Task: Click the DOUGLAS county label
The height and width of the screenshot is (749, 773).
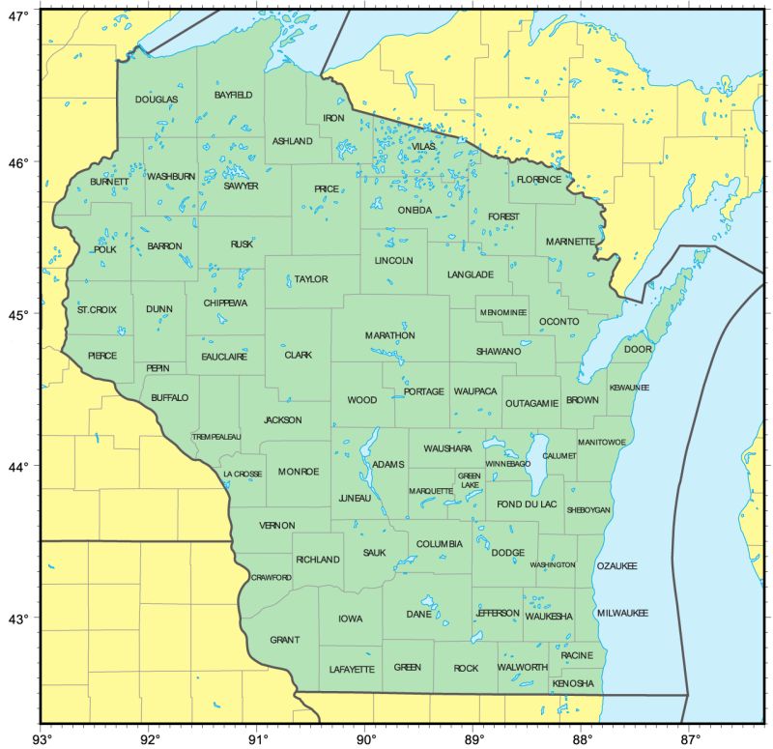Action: [157, 100]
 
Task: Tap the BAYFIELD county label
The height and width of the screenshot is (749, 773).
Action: [233, 95]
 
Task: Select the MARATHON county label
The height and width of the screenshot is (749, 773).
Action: [389, 335]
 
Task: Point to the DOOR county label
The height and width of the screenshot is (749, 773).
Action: [638, 349]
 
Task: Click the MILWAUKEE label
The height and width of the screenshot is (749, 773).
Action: [622, 614]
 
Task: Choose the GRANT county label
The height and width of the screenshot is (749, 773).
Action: [284, 640]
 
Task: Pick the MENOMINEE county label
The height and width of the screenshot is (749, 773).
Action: [502, 313]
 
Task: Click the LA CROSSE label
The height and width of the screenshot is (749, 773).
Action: [243, 475]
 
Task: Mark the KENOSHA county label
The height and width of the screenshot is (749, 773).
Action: [572, 683]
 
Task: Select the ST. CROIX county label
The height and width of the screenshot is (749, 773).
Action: [97, 309]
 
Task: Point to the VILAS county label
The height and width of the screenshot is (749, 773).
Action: [423, 145]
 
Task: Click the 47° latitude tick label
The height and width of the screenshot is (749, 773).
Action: [18, 16]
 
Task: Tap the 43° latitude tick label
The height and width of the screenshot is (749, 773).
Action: [18, 619]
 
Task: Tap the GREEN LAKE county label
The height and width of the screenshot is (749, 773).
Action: [470, 480]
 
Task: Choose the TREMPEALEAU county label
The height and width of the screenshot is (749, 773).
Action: [216, 437]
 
